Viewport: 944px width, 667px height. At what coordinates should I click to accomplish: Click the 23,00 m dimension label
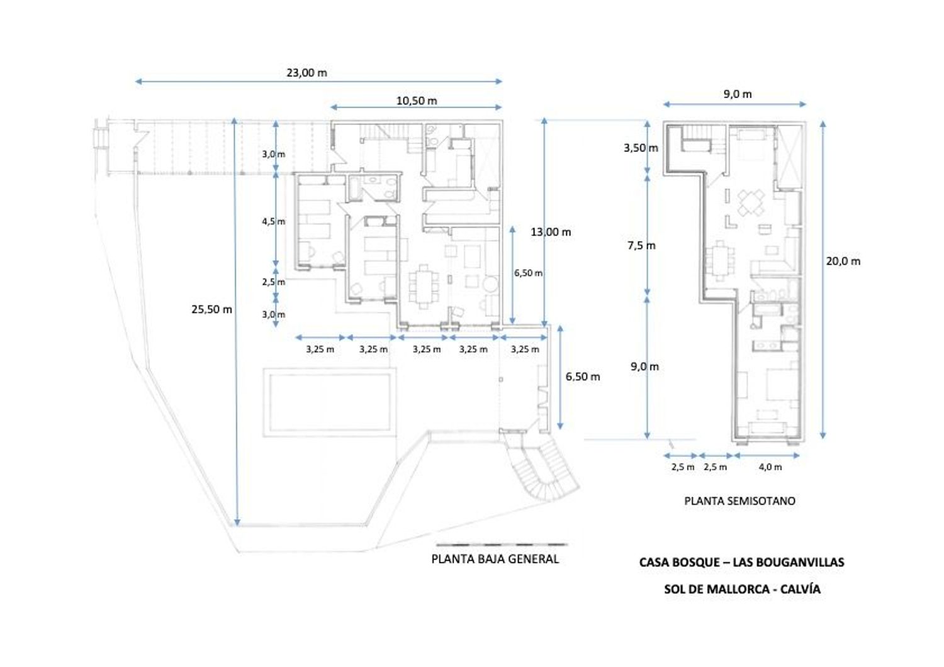pos(307,73)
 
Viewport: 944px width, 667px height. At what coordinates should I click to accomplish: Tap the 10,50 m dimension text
pos(417,101)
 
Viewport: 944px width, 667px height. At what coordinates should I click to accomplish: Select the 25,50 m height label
pos(211,309)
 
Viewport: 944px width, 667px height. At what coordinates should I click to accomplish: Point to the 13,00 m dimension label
pos(551,232)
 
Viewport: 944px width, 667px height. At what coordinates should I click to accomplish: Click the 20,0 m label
pos(843,261)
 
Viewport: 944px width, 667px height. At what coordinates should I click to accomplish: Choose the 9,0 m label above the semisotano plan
pos(738,94)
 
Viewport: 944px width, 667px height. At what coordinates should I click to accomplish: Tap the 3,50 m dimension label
pos(641,148)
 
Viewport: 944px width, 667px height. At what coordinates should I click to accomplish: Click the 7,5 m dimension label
pos(641,246)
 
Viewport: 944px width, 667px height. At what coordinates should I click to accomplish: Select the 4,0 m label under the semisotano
pos(770,467)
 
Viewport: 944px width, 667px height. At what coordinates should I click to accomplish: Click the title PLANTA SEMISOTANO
pos(739,501)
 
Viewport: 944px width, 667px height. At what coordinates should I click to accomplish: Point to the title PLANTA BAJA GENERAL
pos(495,559)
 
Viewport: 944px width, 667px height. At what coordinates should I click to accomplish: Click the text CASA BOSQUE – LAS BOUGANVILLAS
pos(742,562)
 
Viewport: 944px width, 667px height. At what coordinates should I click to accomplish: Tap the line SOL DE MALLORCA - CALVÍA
pos(742,589)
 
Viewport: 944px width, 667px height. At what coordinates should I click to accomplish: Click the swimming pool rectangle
pos(330,402)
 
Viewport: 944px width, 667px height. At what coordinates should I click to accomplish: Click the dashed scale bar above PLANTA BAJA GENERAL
pos(502,544)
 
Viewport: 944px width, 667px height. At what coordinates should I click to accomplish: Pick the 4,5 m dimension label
pos(274,221)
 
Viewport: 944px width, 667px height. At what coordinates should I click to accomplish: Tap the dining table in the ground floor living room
pos(424,287)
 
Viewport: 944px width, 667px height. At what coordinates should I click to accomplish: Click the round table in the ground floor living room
pos(490,284)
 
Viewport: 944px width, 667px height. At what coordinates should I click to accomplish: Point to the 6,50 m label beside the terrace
pos(582,377)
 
